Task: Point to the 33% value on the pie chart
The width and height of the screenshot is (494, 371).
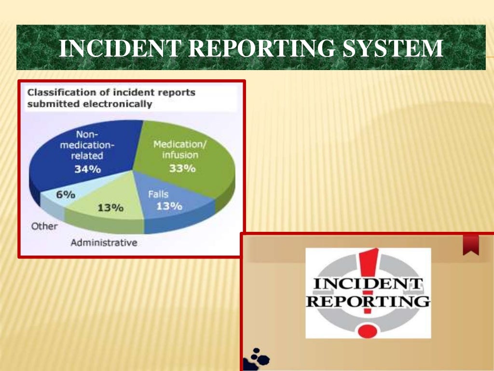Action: (x=182, y=169)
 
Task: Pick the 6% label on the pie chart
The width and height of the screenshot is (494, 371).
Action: (x=66, y=195)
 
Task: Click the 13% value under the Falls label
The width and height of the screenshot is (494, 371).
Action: (x=169, y=206)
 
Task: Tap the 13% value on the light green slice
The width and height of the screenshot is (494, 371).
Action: (x=110, y=208)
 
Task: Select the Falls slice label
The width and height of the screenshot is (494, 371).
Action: (x=158, y=194)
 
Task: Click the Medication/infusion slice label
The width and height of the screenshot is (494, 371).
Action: (x=176, y=150)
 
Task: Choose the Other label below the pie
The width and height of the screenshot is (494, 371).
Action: (x=44, y=226)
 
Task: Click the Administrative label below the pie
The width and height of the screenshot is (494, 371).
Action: (x=104, y=243)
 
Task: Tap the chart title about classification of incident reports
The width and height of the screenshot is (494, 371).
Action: (x=111, y=98)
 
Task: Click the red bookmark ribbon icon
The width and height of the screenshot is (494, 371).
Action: (x=470, y=244)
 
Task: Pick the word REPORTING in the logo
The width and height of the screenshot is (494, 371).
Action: (x=368, y=302)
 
